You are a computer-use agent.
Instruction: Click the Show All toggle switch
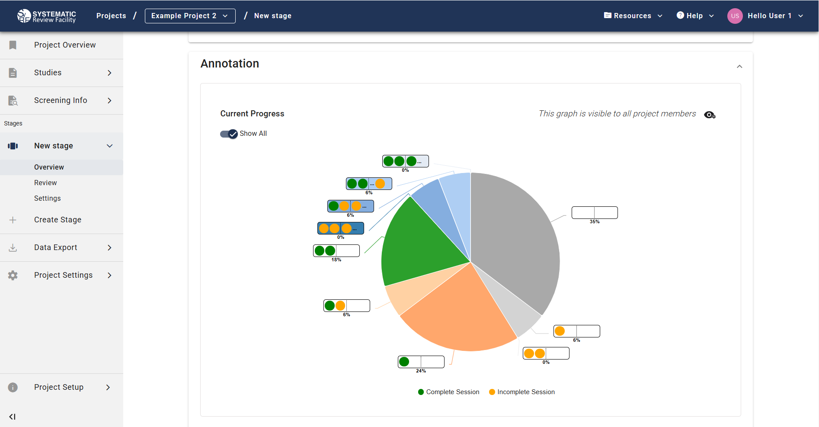tap(229, 134)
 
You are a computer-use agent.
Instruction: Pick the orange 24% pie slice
tap(458, 316)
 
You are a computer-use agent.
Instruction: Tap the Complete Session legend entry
tap(448, 392)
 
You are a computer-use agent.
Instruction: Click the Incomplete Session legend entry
tap(521, 392)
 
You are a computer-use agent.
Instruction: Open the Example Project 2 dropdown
tap(190, 16)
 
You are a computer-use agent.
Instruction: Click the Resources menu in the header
tap(633, 16)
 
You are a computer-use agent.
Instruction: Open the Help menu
tap(695, 16)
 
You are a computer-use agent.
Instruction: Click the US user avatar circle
tap(735, 16)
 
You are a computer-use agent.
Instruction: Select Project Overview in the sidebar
tap(65, 45)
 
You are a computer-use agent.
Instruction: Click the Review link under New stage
tap(45, 183)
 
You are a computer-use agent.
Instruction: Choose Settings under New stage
tap(47, 199)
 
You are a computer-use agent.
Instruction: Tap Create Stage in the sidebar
tap(58, 220)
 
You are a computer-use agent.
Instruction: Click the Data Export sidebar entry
tap(56, 247)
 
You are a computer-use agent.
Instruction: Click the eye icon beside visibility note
tap(710, 115)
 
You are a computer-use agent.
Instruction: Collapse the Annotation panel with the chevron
tap(739, 67)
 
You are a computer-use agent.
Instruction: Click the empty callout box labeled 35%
tap(595, 212)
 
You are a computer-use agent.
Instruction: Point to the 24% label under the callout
tap(421, 371)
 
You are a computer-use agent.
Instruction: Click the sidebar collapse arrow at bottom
tap(13, 417)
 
